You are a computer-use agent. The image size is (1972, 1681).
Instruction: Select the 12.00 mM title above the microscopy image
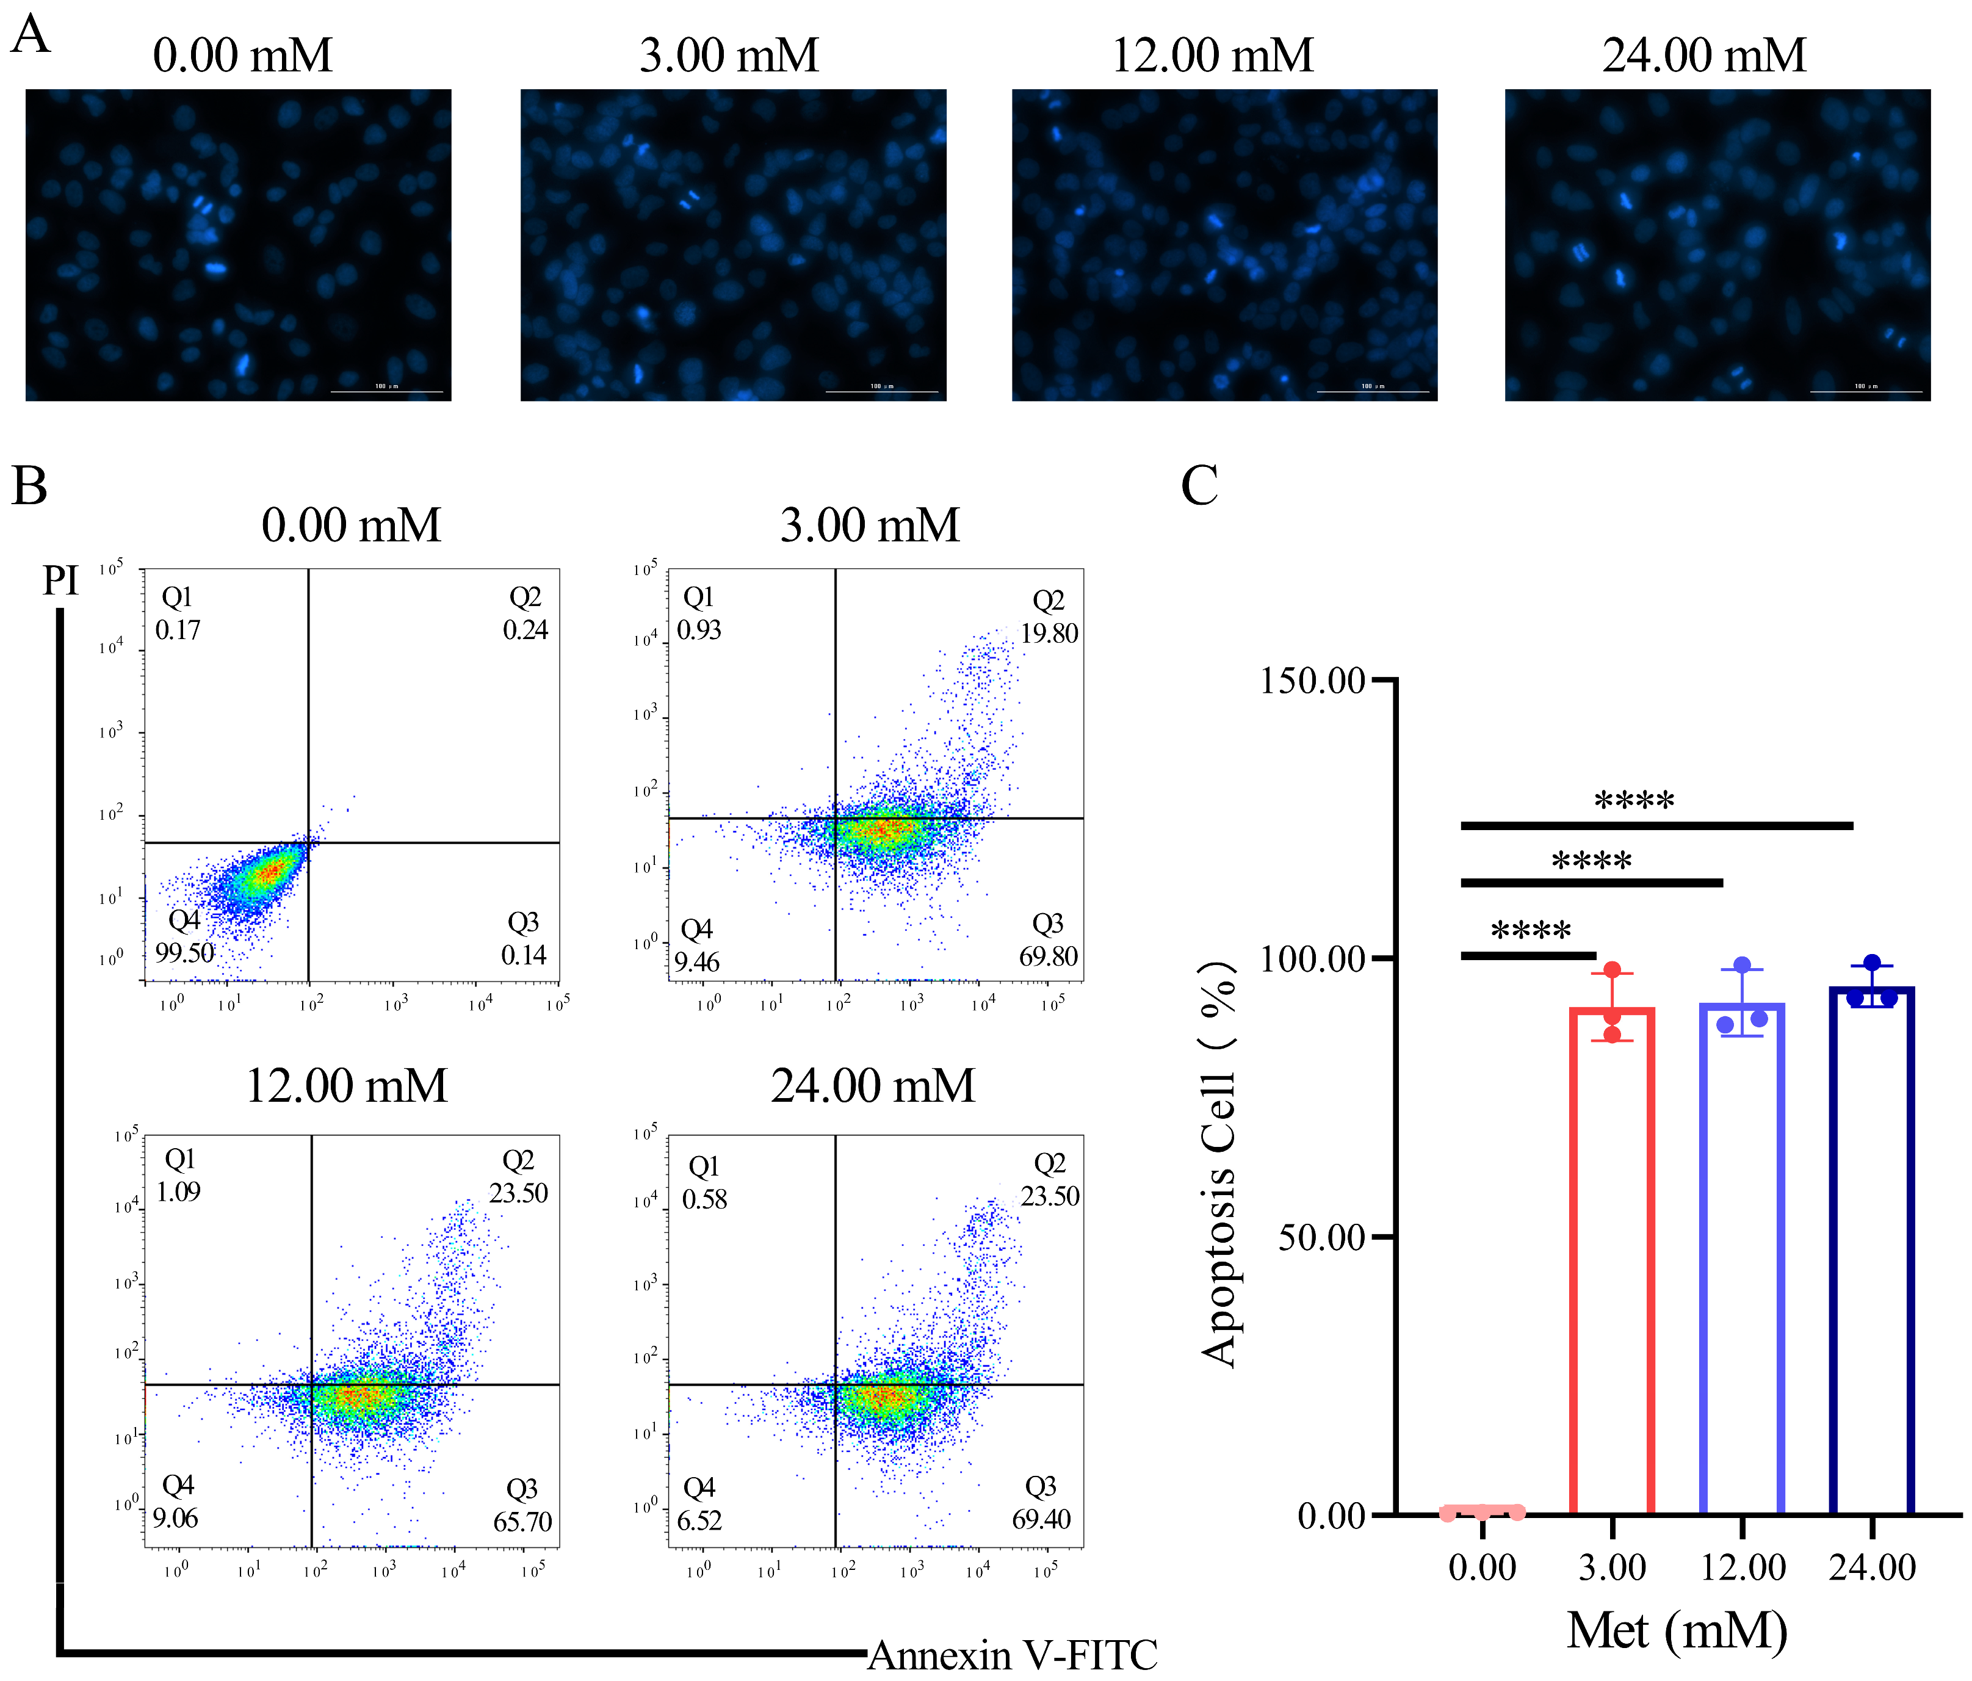tap(1212, 55)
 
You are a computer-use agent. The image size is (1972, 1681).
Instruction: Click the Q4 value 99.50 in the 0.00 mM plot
tap(185, 953)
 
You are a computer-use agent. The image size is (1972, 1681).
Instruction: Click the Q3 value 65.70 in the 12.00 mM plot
tap(522, 1521)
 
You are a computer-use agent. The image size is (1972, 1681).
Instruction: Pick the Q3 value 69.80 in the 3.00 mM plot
tap(1048, 956)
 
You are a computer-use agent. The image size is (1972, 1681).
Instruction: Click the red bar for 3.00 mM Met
tap(1611, 1261)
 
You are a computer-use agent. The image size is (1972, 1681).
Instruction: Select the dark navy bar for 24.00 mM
tap(1871, 1252)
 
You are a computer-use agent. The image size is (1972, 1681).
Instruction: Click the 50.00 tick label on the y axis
tap(1321, 1237)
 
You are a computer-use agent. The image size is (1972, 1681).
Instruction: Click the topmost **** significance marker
tap(1633, 801)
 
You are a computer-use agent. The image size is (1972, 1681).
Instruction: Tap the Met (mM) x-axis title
tap(1677, 1630)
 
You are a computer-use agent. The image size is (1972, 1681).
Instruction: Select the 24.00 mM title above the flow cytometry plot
tap(873, 1085)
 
